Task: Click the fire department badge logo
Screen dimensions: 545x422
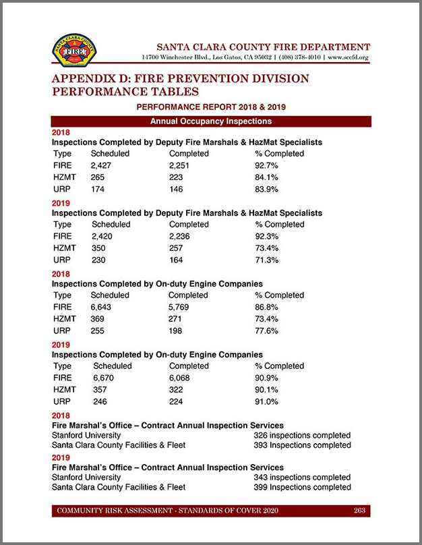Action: (x=74, y=51)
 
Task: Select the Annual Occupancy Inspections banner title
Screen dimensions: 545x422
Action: (x=210, y=121)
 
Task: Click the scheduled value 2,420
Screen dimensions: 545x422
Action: (x=104, y=235)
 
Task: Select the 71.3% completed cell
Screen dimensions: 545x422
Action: (x=267, y=259)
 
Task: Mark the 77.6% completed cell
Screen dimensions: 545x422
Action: (x=267, y=330)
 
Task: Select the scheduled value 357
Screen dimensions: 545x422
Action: (x=100, y=389)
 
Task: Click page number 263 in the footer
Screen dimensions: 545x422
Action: (x=359, y=511)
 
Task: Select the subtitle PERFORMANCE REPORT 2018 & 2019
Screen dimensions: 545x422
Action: (x=210, y=107)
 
